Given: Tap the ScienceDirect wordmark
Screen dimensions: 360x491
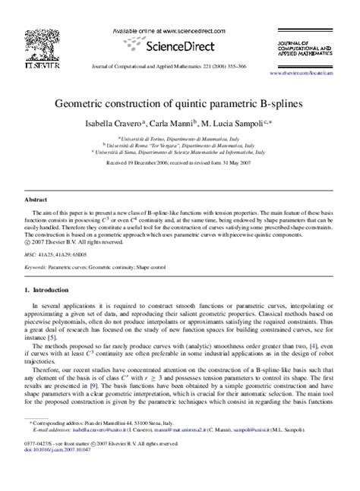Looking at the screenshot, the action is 180,44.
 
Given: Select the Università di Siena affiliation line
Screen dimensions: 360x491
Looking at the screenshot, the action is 180,153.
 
